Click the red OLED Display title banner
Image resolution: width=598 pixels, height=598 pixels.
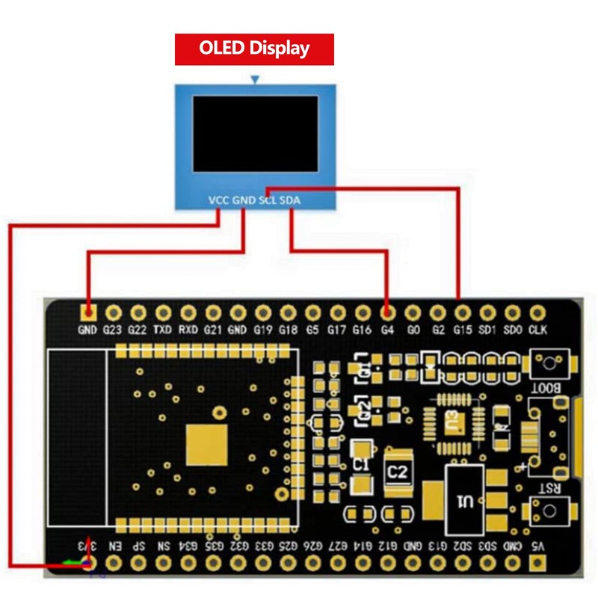pos(254,49)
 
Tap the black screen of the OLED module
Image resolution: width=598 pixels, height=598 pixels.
pos(256,132)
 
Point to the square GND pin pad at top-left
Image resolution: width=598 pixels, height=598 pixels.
pos(88,312)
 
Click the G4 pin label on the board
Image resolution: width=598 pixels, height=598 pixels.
pos(386,329)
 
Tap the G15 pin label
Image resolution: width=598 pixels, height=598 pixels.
pos(462,329)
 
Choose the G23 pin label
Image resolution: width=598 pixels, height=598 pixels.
pos(112,329)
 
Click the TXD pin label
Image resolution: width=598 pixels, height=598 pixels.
pos(162,329)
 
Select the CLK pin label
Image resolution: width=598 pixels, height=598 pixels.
pos(537,329)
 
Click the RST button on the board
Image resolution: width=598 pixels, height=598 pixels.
pos(550,509)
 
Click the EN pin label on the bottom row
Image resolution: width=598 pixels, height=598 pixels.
pos(114,546)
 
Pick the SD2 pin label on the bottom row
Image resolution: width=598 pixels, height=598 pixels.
pos(464,546)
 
